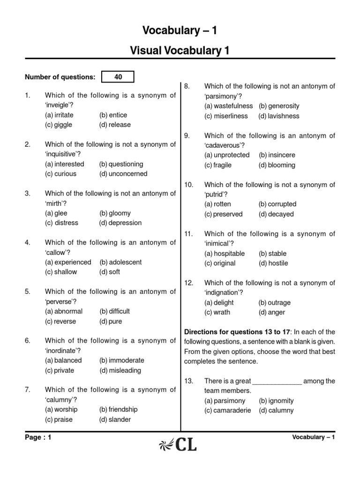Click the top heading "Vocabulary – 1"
[180, 31]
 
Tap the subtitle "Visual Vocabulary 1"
[180, 51]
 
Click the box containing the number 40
[118, 77]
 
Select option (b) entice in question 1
[113, 115]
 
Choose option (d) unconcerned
[123, 173]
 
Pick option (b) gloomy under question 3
[115, 213]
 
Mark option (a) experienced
[68, 262]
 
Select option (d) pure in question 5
[110, 321]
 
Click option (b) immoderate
[121, 360]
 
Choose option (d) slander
[115, 420]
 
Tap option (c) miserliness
[228, 116]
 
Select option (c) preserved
[223, 214]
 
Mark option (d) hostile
[273, 263]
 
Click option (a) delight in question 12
[218, 302]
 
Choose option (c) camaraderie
[227, 410]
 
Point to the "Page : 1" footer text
[38, 437]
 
